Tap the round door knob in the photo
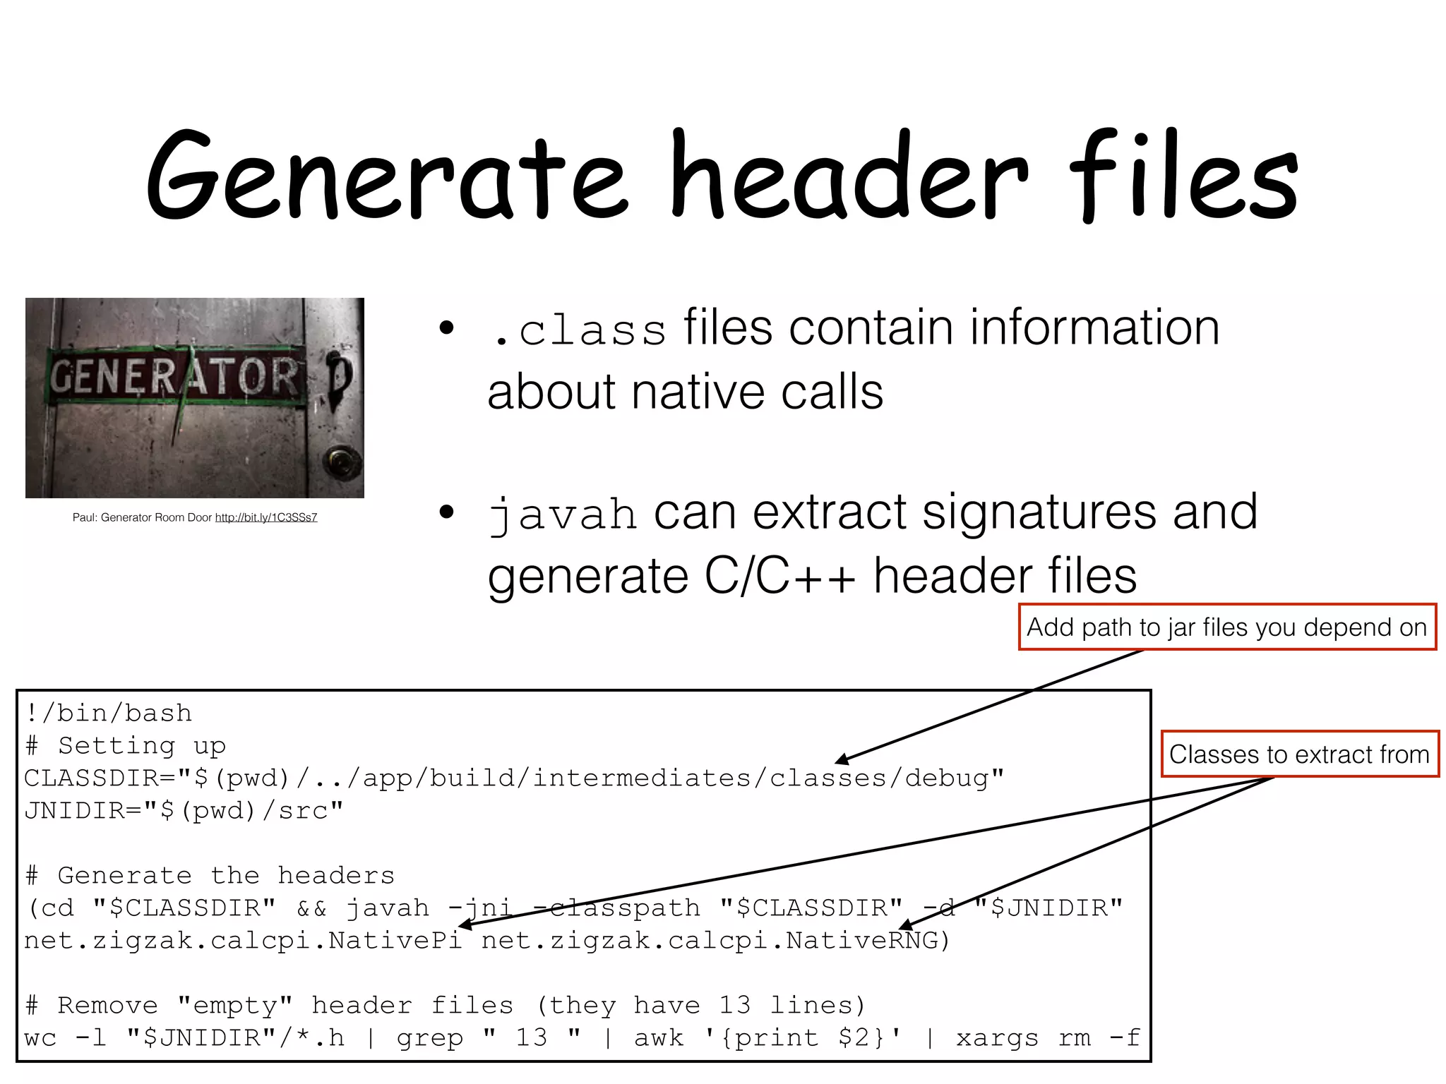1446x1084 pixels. [342, 462]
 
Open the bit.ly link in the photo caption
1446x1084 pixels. [266, 517]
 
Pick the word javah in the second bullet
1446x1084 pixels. [563, 514]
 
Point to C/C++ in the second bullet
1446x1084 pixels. [779, 576]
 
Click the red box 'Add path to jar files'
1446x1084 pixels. [1227, 627]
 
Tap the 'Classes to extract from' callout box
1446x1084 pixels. [1299, 754]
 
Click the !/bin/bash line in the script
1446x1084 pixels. [108, 713]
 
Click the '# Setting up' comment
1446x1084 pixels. [126, 746]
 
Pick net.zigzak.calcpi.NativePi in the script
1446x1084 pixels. [244, 941]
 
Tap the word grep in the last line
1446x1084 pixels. [429, 1038]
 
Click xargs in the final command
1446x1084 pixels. [997, 1038]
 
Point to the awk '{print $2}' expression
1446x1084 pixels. [768, 1038]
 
